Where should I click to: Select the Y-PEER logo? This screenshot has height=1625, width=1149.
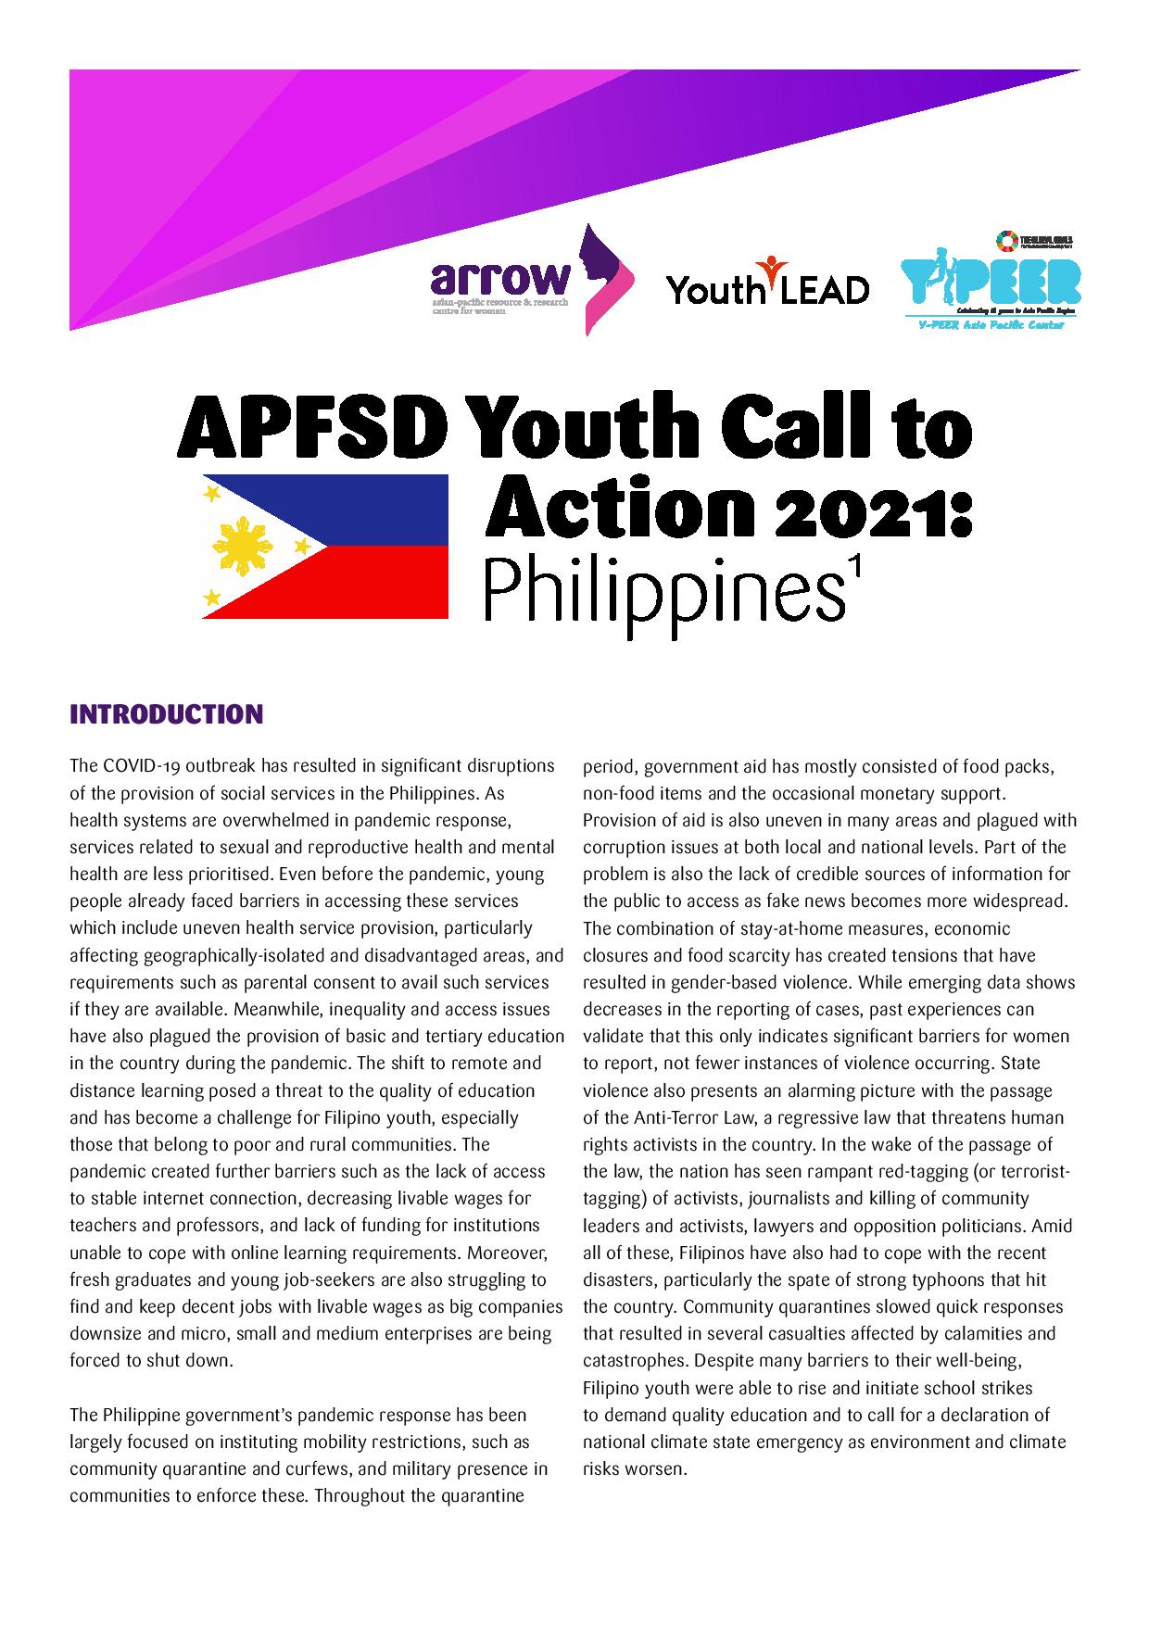[x=991, y=281]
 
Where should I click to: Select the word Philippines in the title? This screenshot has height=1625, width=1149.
[x=657, y=592]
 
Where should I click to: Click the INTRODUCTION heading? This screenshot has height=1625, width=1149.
[x=167, y=714]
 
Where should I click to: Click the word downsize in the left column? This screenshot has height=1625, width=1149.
[x=107, y=1334]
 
